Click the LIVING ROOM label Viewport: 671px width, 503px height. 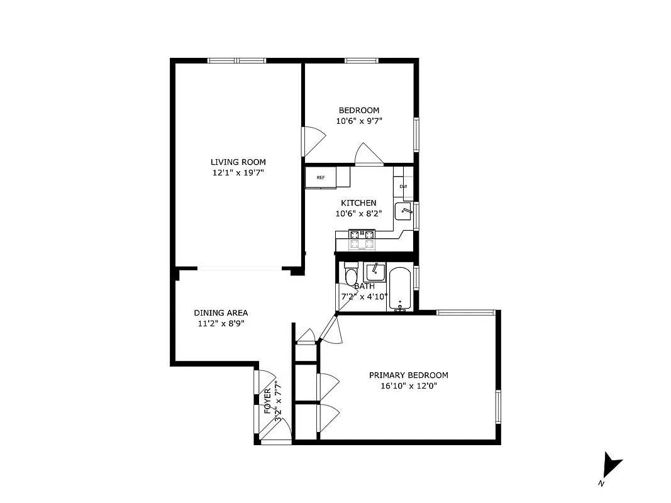(x=238, y=162)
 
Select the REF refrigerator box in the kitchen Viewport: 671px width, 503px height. (x=321, y=177)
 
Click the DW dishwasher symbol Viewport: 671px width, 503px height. (x=403, y=187)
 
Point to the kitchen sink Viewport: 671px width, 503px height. (x=403, y=212)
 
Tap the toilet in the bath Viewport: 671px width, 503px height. (x=350, y=276)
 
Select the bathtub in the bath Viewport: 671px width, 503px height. (x=400, y=289)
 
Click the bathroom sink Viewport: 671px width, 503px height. (x=375, y=272)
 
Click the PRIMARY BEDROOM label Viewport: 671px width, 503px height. (x=408, y=375)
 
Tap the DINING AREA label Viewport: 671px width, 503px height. (x=220, y=312)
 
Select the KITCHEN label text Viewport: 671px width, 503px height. (x=358, y=203)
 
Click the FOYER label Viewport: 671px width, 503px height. (x=267, y=400)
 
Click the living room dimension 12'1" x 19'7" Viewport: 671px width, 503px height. (x=238, y=172)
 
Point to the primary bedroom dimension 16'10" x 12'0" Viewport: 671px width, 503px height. (x=408, y=386)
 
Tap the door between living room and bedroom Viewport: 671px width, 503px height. (x=311, y=141)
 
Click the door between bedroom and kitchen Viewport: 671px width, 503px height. (x=369, y=154)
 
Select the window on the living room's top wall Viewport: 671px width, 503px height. (x=236, y=60)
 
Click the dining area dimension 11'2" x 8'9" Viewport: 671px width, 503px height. (x=220, y=324)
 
